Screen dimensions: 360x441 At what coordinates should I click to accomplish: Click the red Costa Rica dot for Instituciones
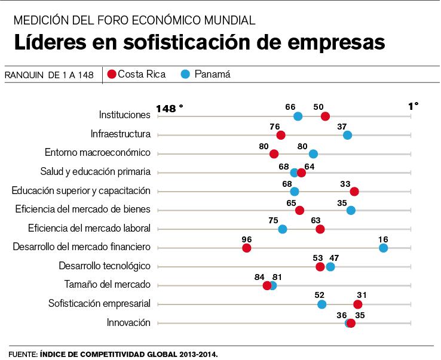point(325,116)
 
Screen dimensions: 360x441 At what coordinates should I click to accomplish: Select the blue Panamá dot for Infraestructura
point(347,135)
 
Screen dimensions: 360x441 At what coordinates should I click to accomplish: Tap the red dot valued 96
point(247,248)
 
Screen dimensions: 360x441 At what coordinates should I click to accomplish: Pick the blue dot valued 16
point(383,248)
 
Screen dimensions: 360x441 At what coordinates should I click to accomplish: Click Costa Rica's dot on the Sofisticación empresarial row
point(357,304)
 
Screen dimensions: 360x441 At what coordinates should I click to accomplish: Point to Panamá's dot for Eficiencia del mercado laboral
point(283,229)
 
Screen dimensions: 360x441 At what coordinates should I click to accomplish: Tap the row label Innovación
point(128,322)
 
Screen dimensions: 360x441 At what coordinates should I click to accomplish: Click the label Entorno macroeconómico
point(97,153)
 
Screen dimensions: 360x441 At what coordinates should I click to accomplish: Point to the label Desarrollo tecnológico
point(104,266)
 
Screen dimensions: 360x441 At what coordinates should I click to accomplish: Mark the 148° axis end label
point(170,109)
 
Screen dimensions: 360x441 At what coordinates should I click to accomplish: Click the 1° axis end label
point(413,106)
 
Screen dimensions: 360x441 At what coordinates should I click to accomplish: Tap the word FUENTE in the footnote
point(23,354)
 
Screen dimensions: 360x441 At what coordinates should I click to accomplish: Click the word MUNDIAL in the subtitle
point(228,20)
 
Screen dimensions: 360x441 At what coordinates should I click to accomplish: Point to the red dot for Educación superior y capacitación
point(354,191)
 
